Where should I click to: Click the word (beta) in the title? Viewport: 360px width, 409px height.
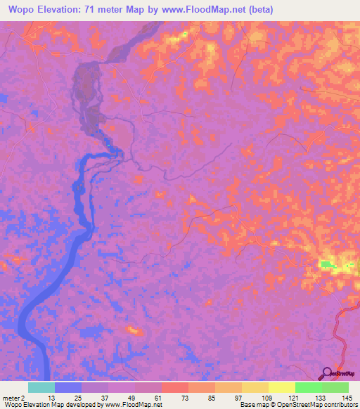(x=258, y=9)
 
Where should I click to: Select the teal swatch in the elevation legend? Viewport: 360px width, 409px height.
(x=41, y=387)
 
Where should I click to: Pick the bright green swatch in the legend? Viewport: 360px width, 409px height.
(x=309, y=387)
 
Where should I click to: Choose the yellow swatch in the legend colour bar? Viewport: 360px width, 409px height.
(x=282, y=387)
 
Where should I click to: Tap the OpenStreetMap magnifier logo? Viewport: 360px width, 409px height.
(x=328, y=373)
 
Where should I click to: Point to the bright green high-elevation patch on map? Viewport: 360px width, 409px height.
(x=328, y=264)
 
